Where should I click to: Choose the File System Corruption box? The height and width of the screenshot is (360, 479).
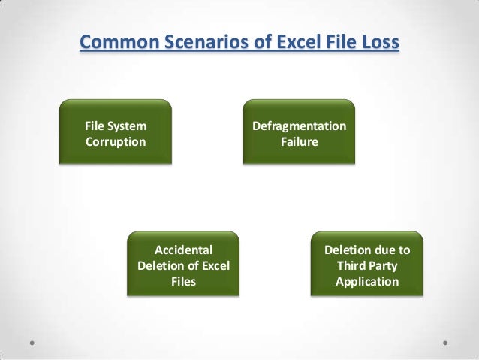click(116, 132)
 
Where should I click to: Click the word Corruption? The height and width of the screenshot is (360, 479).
click(116, 141)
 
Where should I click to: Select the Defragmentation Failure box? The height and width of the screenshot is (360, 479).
click(299, 132)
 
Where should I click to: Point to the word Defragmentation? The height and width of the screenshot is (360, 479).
click(299, 126)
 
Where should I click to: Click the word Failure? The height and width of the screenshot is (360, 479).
click(299, 141)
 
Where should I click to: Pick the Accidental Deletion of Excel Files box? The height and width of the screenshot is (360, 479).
click(184, 265)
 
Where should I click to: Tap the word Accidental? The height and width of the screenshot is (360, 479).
click(184, 250)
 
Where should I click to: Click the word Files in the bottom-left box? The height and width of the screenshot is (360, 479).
click(184, 282)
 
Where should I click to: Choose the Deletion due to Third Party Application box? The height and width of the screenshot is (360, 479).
click(367, 265)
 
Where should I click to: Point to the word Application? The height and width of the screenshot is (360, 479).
click(367, 282)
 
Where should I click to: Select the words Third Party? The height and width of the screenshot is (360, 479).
click(367, 265)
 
